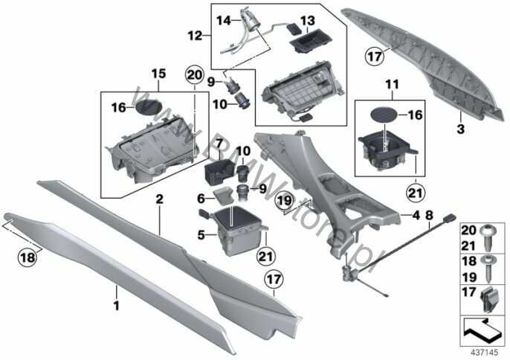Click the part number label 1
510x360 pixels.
click(x=117, y=306)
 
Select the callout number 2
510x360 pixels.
click(x=159, y=199)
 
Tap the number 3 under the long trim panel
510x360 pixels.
click(x=461, y=129)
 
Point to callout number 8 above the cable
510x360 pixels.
click(x=430, y=215)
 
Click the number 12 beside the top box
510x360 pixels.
click(x=195, y=36)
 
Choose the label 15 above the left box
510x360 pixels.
click(x=159, y=74)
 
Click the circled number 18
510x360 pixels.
click(x=28, y=258)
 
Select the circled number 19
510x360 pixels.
click(x=285, y=201)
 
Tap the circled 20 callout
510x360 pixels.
click(x=194, y=76)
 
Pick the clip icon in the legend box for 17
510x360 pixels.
click(x=487, y=300)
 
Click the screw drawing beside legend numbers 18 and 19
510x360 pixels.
click(x=487, y=269)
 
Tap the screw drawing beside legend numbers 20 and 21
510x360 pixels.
click(x=487, y=238)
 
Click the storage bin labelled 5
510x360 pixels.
click(x=233, y=230)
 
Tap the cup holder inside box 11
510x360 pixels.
click(x=388, y=152)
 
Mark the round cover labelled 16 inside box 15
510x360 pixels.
click(x=149, y=106)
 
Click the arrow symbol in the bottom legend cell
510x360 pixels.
click(x=482, y=331)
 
